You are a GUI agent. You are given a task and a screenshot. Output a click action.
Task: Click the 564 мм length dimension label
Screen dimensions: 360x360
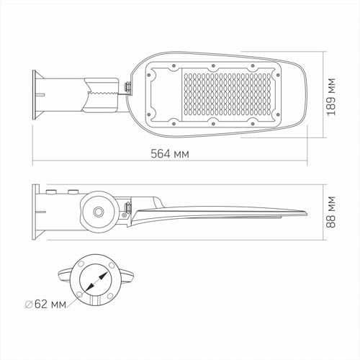click(170, 153)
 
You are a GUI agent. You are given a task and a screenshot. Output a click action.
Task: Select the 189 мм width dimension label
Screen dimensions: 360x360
click(331, 96)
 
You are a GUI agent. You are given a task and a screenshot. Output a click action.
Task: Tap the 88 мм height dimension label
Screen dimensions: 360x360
click(331, 212)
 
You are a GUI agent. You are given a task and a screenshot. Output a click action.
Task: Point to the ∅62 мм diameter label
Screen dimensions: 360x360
click(45, 305)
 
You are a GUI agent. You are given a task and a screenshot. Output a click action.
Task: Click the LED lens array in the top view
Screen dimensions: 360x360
click(228, 94)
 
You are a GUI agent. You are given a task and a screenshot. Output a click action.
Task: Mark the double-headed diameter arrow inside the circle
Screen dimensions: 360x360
click(97, 281)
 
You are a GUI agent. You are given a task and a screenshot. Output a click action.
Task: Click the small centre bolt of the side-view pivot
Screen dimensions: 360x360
click(99, 212)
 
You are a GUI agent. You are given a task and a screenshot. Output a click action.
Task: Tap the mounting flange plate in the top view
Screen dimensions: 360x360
click(35, 95)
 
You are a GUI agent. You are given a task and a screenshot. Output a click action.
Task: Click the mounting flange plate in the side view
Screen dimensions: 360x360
click(35, 212)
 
